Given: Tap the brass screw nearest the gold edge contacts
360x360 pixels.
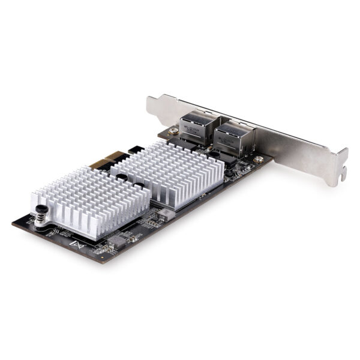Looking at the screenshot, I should [172, 130].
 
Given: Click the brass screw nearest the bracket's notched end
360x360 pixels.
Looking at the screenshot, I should [259, 160].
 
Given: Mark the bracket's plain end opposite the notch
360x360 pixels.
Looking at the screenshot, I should [151, 103].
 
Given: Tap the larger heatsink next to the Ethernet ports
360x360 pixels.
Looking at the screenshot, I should [168, 171].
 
